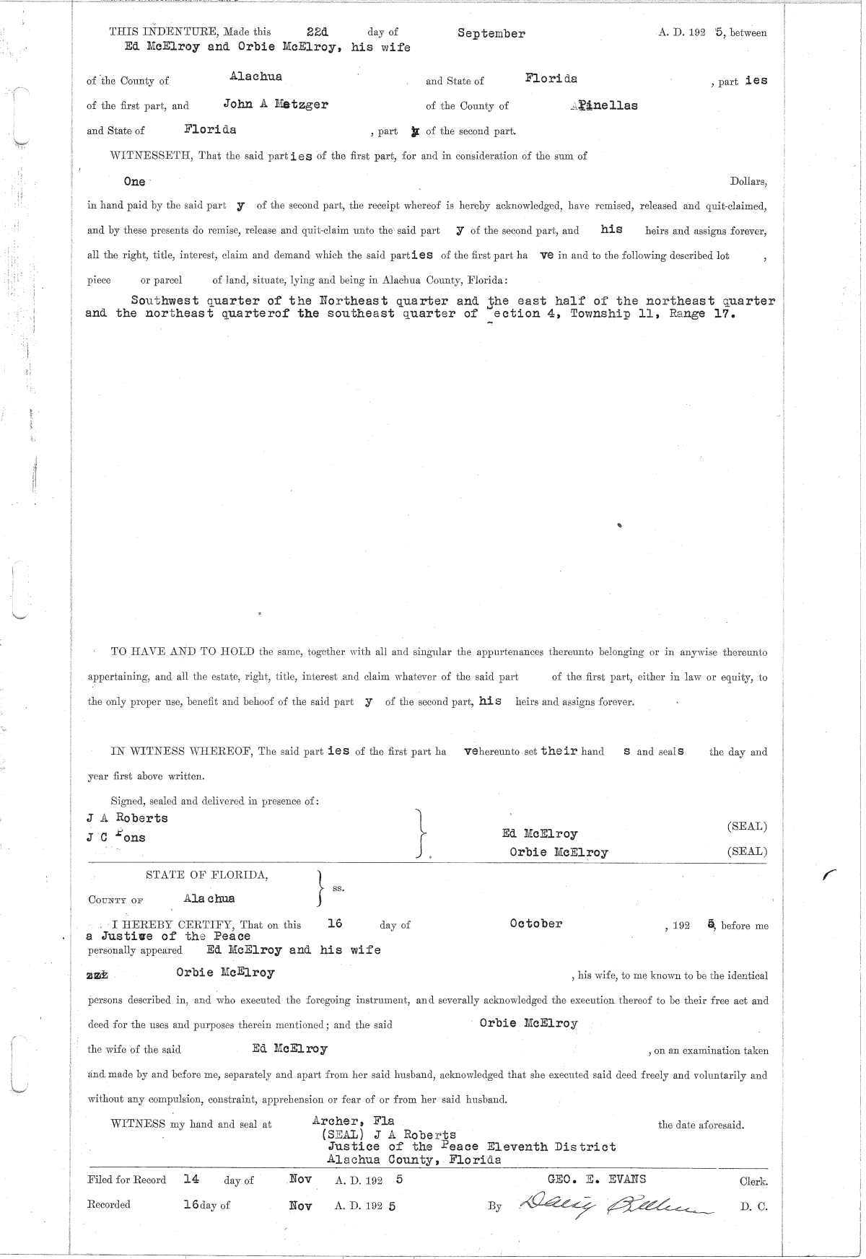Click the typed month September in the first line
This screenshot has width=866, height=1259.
click(491, 33)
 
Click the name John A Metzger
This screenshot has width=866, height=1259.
click(275, 104)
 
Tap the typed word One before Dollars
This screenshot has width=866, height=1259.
click(134, 182)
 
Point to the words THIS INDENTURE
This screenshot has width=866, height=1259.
click(165, 32)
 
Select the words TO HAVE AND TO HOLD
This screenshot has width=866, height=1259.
click(182, 652)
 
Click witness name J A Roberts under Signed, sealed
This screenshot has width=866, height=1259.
click(127, 818)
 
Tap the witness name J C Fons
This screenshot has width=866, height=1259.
click(115, 838)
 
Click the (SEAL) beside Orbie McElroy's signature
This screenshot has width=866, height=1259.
click(747, 851)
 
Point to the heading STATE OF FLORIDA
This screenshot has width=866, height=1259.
click(207, 875)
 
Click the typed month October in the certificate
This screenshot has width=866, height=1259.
click(535, 924)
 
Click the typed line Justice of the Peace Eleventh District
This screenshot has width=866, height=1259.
click(472, 1146)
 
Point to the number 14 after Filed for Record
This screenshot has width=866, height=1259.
click(191, 1179)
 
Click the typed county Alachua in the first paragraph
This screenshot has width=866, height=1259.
click(255, 76)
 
